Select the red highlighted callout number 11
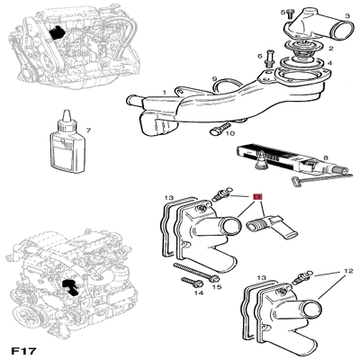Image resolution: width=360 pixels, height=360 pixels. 257,196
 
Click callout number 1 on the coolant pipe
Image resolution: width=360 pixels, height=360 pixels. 165,90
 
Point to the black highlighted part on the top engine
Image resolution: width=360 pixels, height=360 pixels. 59,33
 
